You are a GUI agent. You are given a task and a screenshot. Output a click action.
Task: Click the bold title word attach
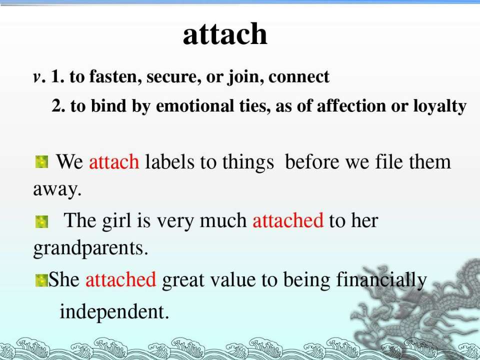pos(225,34)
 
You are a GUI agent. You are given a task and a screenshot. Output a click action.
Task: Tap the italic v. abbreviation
pos(39,77)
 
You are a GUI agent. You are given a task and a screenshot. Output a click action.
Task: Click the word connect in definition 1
pos(299,77)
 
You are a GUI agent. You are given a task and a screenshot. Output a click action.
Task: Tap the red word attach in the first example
pos(114,161)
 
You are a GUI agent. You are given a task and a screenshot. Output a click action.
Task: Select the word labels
pos(169,161)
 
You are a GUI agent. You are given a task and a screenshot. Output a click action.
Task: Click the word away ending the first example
pos(57,190)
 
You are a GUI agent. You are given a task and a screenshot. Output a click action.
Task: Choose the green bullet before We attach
pos(41,162)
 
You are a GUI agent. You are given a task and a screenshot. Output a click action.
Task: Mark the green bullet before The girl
pos(41,221)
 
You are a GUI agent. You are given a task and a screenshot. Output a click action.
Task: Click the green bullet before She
pos(41,280)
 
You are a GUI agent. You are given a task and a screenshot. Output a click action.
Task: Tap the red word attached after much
pos(288,220)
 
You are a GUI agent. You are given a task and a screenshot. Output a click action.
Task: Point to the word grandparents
pos(90,248)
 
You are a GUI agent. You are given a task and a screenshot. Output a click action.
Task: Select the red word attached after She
pos(120,279)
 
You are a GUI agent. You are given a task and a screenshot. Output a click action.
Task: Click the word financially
pos(381,280)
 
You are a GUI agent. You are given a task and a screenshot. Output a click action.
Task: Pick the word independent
pos(114,311)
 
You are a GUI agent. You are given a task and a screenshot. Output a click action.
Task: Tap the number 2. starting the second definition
pos(57,106)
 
